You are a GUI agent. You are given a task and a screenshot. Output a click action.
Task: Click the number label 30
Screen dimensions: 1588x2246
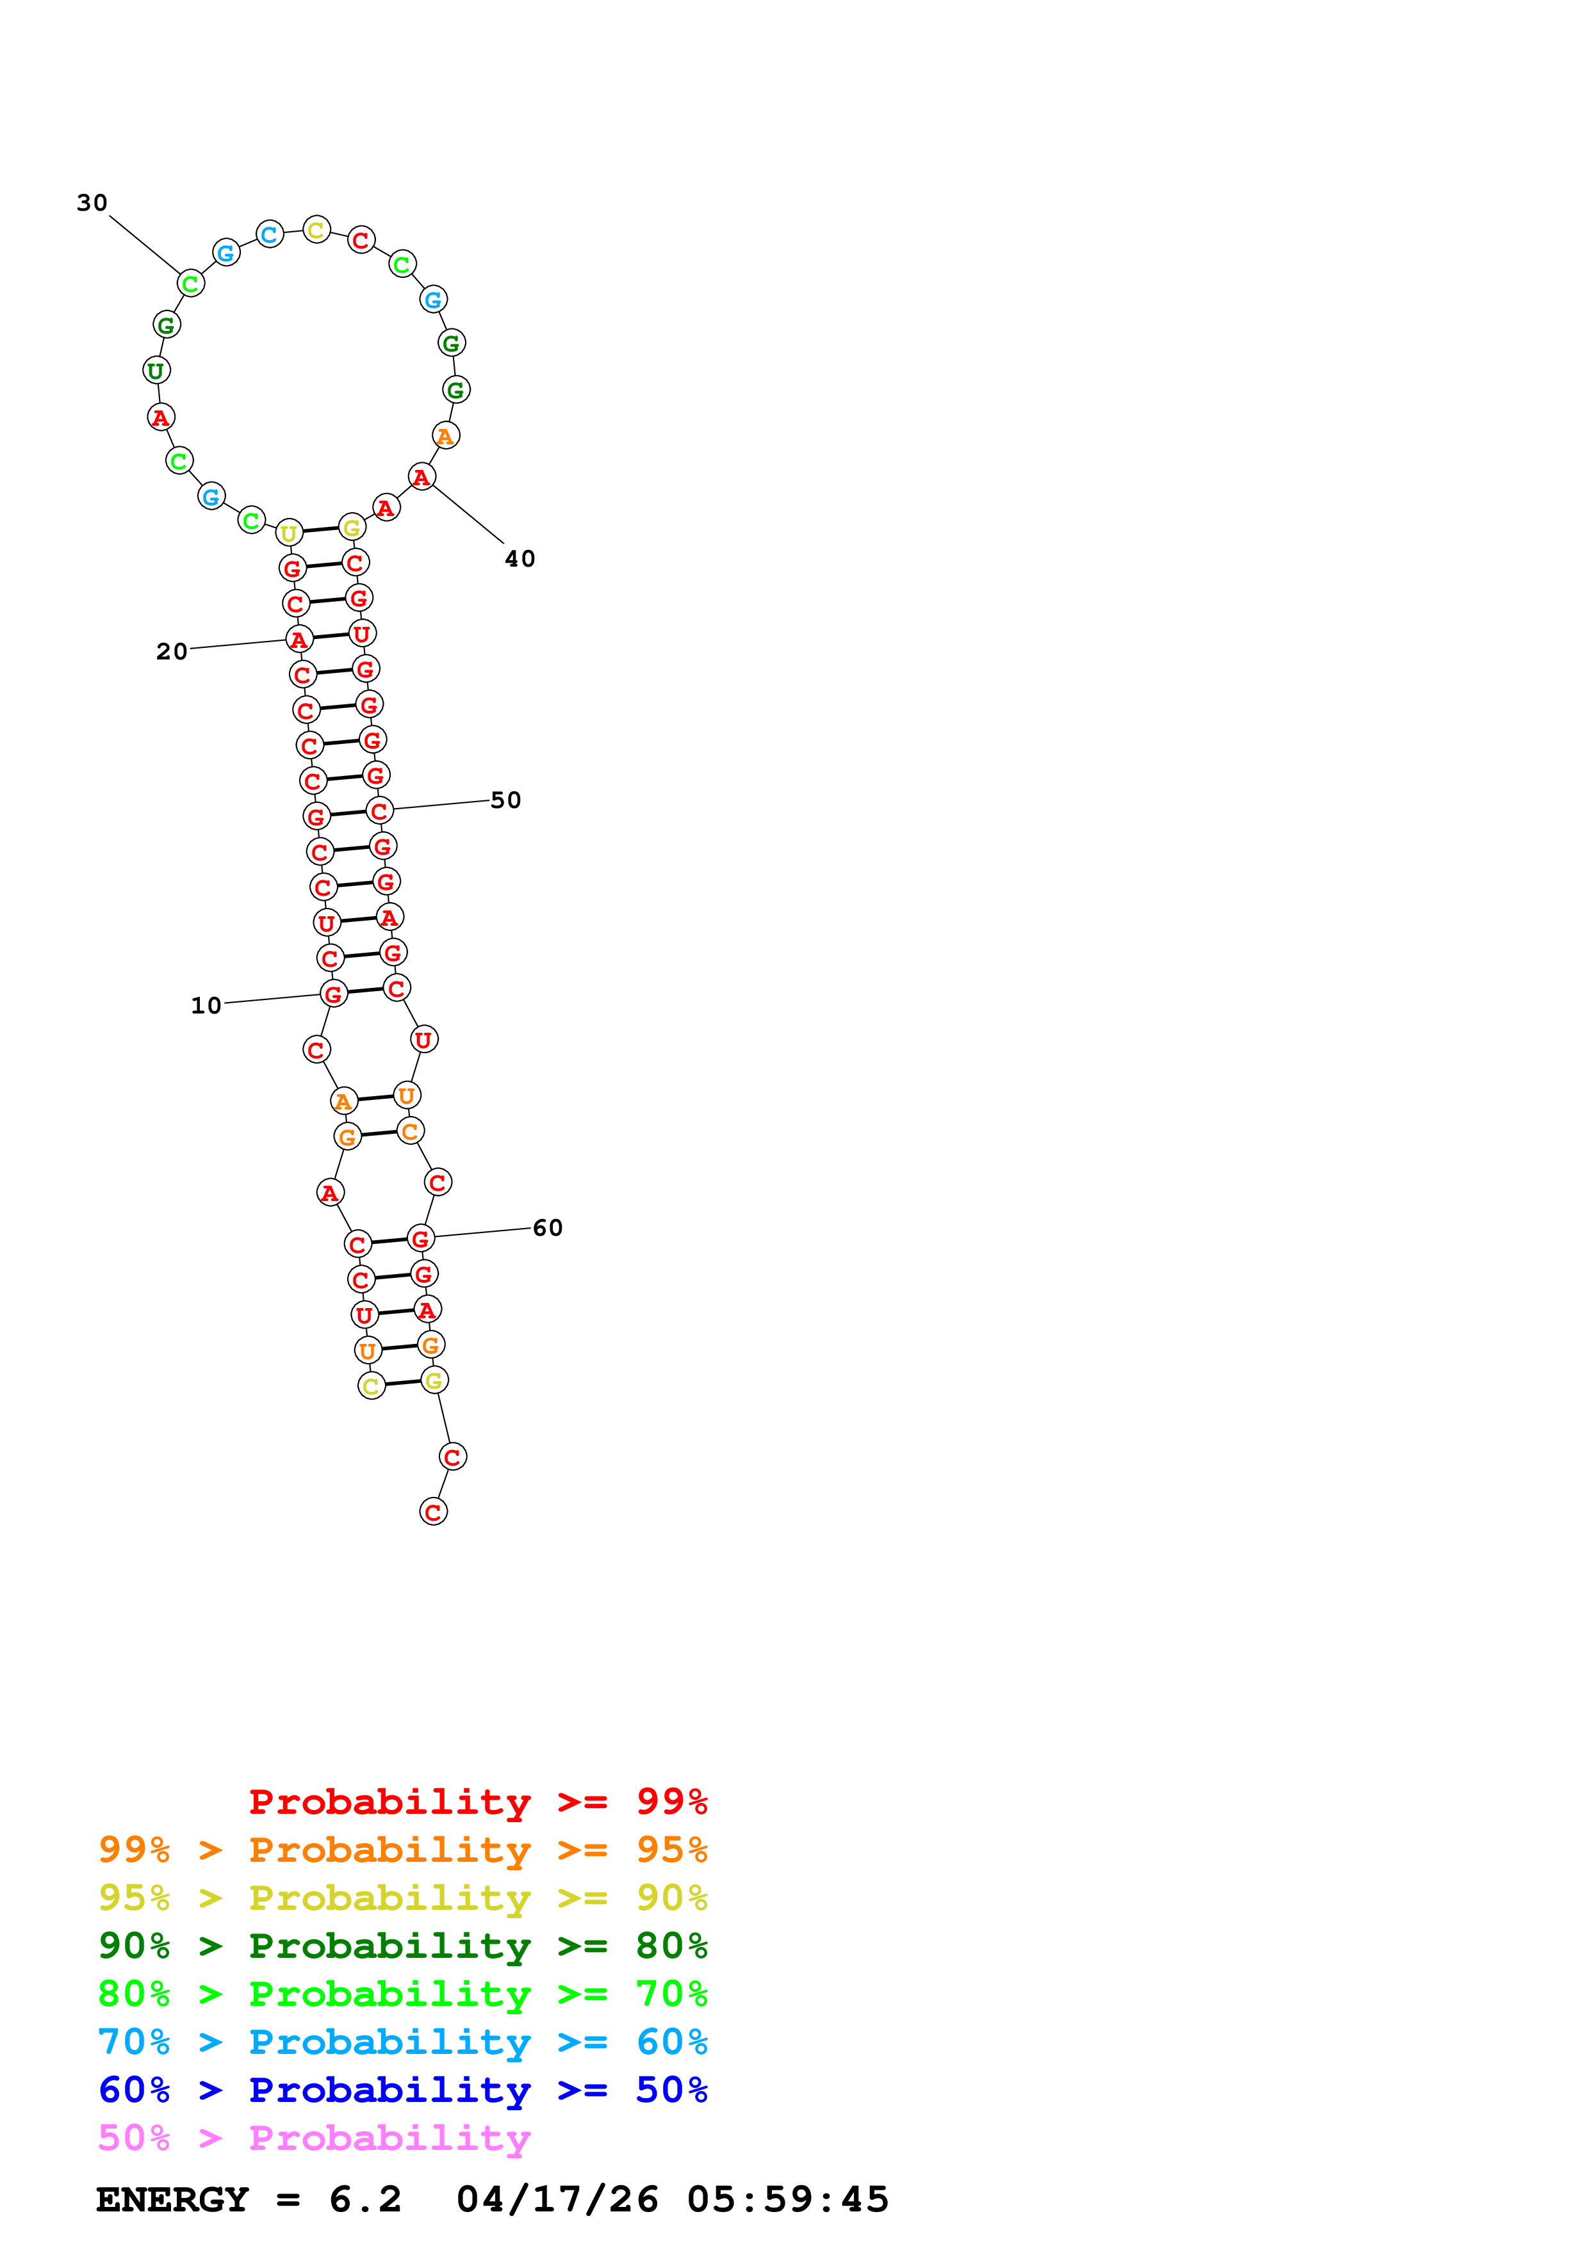92,202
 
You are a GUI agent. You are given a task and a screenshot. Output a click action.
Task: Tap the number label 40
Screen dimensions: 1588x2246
520,558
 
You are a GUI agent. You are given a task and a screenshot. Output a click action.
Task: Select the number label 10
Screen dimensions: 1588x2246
206,1006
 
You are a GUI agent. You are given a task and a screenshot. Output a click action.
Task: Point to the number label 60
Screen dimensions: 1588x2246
547,1227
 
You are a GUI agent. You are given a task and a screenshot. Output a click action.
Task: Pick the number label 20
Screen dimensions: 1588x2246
171,652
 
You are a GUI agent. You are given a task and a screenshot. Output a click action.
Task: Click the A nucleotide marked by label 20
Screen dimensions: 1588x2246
299,640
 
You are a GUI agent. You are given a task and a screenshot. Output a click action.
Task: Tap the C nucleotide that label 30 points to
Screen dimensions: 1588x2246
190,284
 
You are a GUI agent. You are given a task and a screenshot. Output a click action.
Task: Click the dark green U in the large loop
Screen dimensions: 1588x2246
156,371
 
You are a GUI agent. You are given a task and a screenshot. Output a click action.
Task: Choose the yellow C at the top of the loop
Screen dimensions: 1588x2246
316,231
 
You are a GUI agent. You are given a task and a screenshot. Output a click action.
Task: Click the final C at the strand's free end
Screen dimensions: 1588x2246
434,1512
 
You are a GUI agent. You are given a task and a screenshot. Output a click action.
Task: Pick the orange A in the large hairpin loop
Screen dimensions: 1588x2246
445,435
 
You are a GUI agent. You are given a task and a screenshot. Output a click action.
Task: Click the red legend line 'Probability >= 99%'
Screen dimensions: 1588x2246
477,1802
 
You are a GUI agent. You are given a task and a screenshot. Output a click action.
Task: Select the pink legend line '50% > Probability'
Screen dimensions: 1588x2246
314,2137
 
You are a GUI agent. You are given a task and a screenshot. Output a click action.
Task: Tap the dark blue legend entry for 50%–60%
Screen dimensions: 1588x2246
402,2090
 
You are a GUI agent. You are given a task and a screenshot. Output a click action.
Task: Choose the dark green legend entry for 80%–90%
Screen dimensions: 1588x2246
402,1946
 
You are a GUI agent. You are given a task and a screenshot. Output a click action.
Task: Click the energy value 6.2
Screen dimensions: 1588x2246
365,2199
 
